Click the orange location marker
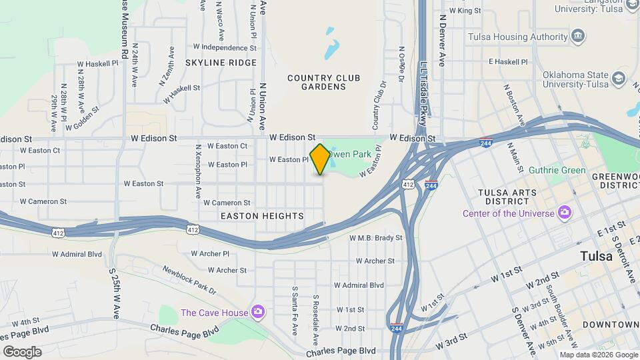point(320,159)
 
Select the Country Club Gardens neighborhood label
point(323,83)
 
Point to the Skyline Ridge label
point(221,63)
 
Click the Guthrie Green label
point(557,170)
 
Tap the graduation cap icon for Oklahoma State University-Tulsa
point(619,79)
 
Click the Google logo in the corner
point(22,352)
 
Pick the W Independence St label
point(224,48)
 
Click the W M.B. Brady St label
point(376,237)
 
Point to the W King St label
point(465,11)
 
